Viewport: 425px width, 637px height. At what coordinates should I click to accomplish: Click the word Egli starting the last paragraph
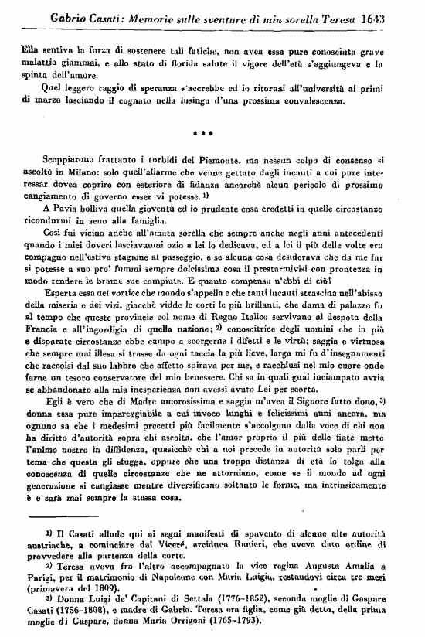pyautogui.click(x=54, y=402)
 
